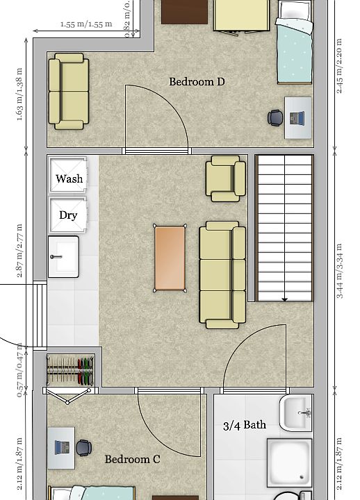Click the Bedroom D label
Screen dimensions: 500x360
click(197, 82)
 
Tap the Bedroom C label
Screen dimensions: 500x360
click(132, 459)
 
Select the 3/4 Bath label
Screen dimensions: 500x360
click(245, 425)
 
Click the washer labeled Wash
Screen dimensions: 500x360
click(69, 178)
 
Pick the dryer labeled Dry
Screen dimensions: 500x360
click(68, 215)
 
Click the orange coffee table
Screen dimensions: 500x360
click(170, 258)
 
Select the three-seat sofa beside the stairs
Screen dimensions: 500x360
click(222, 274)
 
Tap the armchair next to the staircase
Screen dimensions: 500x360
click(227, 178)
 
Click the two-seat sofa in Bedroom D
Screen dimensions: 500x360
click(68, 92)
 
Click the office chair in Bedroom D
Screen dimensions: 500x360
click(276, 118)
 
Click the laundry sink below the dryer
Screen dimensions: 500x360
click(63, 256)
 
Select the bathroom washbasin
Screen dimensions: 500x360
click(297, 413)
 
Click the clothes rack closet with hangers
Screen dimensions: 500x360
click(69, 371)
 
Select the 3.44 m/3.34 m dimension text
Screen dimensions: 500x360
click(340, 271)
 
